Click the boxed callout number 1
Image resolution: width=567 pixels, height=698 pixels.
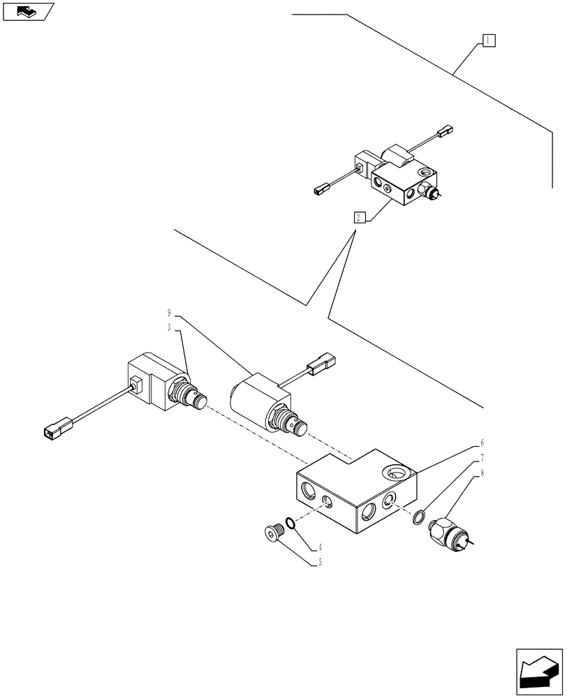[488, 40]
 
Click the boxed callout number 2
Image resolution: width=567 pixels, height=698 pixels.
[358, 216]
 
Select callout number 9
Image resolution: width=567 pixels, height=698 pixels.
[169, 313]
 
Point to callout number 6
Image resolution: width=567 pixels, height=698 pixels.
[482, 443]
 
